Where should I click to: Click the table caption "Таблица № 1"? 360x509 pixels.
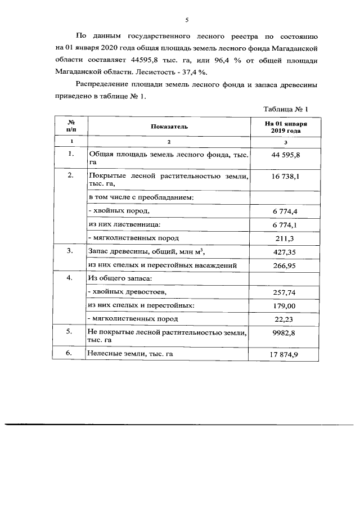pos(287,109)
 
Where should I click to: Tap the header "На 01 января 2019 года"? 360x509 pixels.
pos(286,127)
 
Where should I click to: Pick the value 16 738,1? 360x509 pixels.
pos(286,177)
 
